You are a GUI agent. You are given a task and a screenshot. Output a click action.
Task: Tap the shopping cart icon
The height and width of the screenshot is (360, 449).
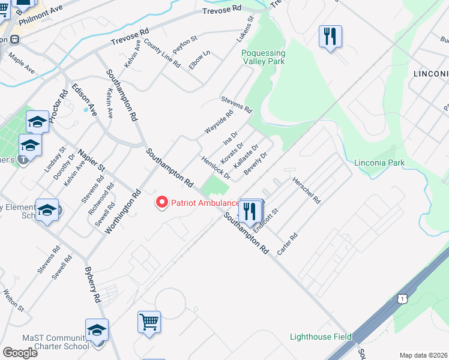point(149,321)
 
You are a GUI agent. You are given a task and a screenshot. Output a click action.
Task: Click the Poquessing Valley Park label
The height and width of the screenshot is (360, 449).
point(264,58)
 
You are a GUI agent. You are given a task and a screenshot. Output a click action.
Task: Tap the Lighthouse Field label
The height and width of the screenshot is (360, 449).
point(321,337)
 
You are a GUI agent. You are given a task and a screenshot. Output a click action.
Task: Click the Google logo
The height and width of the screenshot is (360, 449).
point(20,352)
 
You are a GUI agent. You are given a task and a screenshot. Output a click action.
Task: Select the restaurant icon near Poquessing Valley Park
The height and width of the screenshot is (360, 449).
point(330,37)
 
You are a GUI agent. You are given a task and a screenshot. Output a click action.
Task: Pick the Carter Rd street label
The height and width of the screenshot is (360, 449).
point(287,245)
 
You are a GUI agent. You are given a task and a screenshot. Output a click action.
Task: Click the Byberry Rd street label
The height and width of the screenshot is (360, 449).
point(92,284)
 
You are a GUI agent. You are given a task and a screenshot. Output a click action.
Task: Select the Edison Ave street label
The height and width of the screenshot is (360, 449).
point(84,100)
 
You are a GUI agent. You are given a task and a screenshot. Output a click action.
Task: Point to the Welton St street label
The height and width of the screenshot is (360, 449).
point(13,300)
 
